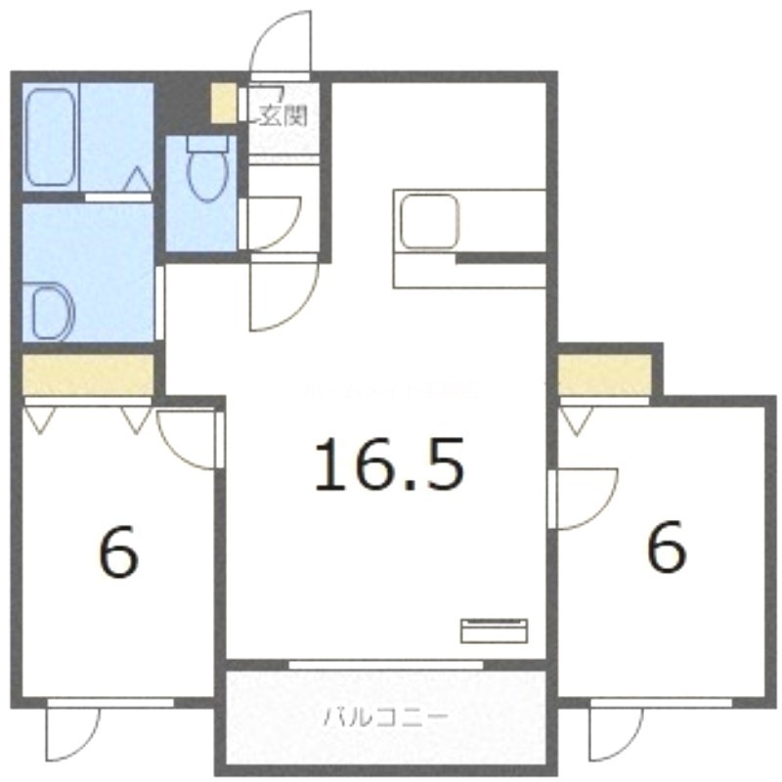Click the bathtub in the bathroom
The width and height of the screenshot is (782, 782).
(51, 138)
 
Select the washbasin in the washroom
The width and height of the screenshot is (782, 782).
(52, 311)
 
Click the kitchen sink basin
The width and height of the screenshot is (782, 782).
(427, 222)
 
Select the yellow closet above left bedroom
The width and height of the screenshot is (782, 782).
(88, 372)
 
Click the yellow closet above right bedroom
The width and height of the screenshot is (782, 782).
(604, 374)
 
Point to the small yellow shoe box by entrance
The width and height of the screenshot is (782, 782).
(224, 105)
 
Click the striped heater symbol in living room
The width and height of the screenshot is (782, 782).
(494, 630)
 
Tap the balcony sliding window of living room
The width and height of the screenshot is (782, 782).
(386, 664)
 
